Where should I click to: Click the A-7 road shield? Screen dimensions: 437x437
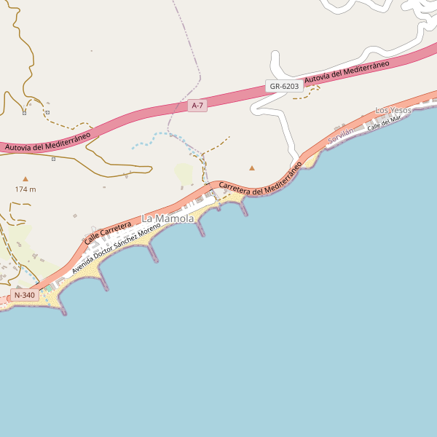pos(197,106)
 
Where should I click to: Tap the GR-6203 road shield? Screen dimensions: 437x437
pos(284,86)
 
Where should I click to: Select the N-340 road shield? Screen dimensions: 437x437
pos(25,295)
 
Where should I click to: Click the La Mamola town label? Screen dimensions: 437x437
pos(168,219)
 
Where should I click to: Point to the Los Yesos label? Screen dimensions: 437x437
pos(393,110)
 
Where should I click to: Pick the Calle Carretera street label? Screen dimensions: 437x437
pos(107,233)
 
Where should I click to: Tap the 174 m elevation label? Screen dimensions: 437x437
pos(25,189)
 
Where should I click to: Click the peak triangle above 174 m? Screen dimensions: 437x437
pos(26,178)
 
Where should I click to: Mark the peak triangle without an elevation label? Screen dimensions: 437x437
pos(253,168)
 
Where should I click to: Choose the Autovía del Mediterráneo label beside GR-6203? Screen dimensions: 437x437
pos(347,71)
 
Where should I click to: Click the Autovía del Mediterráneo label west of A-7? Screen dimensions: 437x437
pos(47,141)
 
